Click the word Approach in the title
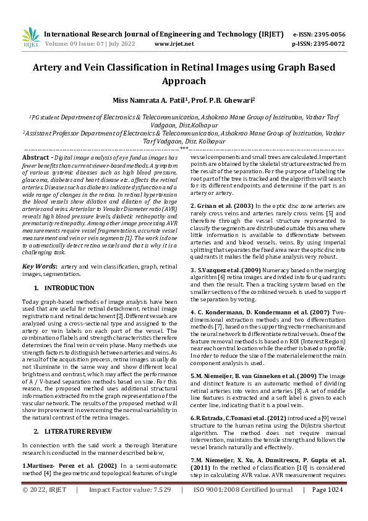click(x=184, y=81)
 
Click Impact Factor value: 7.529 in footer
click(x=129, y=507)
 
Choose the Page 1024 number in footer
click(x=327, y=507)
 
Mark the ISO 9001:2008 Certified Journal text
click(x=243, y=507)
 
